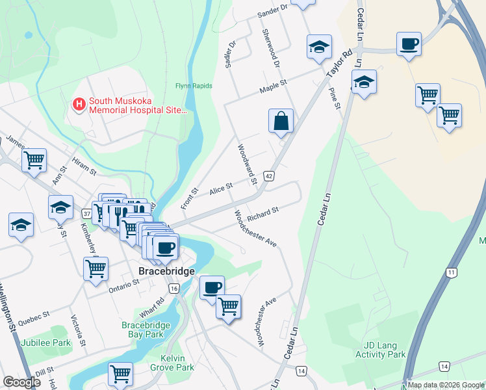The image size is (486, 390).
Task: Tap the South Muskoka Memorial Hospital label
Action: (x=138, y=105)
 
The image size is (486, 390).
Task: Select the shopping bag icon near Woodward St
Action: (x=281, y=121)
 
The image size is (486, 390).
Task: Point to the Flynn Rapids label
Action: (x=189, y=86)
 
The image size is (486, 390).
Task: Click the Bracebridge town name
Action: (x=166, y=271)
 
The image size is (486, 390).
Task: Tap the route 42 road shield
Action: (x=269, y=176)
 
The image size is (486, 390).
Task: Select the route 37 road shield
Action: (x=87, y=213)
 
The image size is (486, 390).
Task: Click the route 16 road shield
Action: (x=173, y=288)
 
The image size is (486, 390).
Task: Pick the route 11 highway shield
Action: (x=451, y=272)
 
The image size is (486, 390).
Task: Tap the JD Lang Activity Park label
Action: (x=381, y=350)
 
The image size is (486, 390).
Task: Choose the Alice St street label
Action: (x=222, y=188)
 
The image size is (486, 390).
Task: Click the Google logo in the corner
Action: (x=21, y=382)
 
